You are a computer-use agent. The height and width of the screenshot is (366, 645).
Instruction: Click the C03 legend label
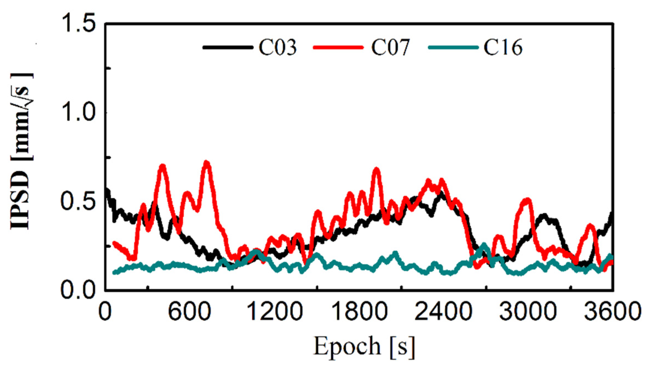[278, 47]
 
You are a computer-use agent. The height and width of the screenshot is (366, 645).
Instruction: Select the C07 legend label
[390, 47]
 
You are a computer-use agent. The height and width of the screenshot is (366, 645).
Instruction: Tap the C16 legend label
[503, 47]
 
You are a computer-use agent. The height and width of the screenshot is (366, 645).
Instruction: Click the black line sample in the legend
[228, 47]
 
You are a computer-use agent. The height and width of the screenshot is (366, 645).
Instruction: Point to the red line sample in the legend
[338, 47]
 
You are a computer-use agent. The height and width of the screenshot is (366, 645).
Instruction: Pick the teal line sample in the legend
[453, 47]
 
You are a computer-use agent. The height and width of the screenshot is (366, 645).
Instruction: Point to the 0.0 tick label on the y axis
[78, 290]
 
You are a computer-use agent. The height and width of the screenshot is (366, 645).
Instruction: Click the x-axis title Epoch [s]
[364, 346]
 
